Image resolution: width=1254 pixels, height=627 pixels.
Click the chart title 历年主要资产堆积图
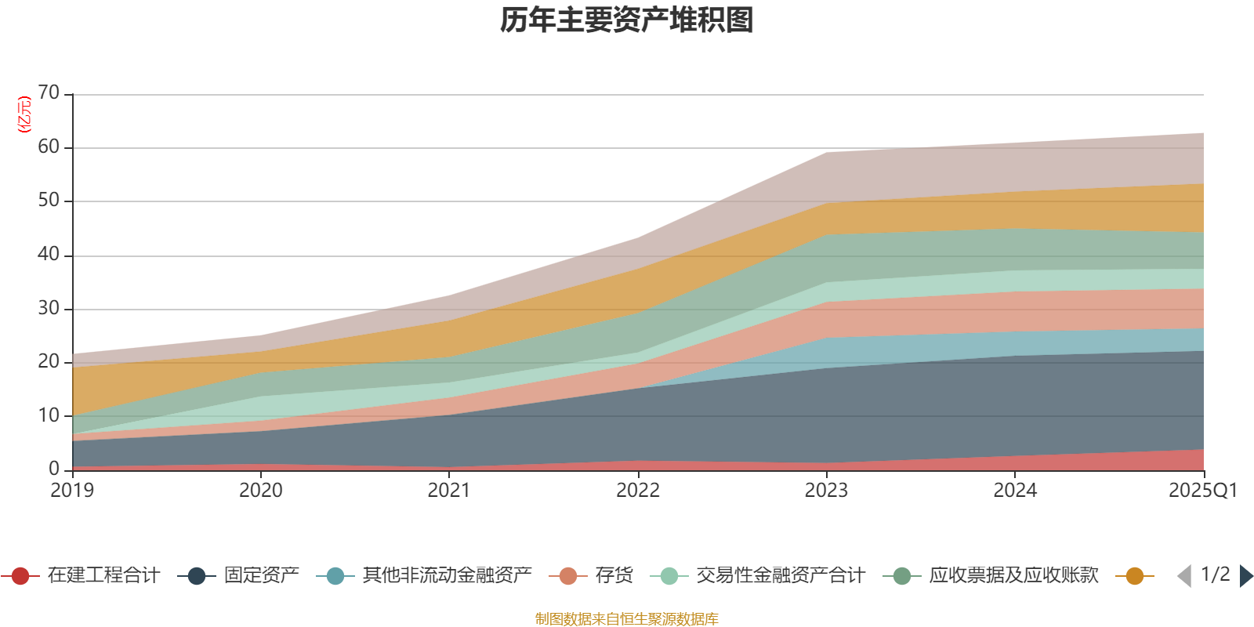[627, 21]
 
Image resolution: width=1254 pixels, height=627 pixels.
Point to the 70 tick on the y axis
[49, 93]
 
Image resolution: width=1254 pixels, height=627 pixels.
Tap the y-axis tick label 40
[49, 255]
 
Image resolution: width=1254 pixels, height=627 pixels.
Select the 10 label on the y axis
[49, 415]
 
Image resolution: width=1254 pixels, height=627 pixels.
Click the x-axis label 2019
[72, 491]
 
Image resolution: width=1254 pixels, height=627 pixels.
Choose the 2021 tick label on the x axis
[449, 491]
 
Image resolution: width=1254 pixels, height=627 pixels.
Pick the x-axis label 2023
[826, 491]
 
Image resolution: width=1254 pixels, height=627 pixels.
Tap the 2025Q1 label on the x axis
[1202, 491]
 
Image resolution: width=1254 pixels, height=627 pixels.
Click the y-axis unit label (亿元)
[24, 114]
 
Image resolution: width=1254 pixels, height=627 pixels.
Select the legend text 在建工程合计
[103, 576]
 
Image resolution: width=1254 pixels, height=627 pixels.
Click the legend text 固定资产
[262, 576]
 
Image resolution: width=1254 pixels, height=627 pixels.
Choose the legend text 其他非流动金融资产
[448, 576]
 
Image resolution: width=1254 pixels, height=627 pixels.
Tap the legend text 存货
[614, 576]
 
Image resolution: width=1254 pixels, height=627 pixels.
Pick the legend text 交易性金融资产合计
[781, 576]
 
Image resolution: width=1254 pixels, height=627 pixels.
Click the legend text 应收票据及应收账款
[1013, 576]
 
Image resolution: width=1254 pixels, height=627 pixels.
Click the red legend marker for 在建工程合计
[20, 576]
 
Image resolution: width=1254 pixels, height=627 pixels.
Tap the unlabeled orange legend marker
[1134, 576]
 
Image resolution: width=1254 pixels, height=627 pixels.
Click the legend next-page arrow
[1246, 576]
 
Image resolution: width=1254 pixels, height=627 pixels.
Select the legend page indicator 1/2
[1215, 574]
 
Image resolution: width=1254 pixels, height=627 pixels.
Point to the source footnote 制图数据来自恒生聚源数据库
[627, 619]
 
